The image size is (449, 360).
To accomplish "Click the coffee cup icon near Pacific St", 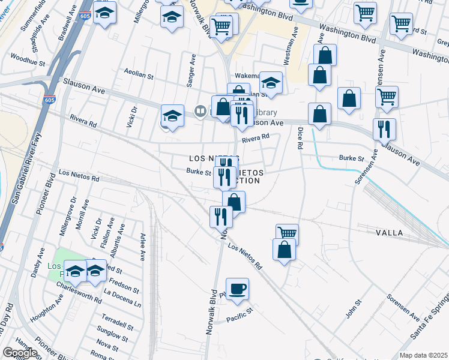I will pyautogui.click(x=237, y=289).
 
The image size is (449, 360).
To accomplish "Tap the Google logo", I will pyautogui.click(x=19, y=353).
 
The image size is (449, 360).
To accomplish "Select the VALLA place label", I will pyautogui.click(x=389, y=232).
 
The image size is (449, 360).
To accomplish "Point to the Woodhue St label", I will pyautogui.click(x=28, y=61).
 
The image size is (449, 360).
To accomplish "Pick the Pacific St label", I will pyautogui.click(x=242, y=314).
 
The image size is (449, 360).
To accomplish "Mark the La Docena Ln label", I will pyautogui.click(x=122, y=299).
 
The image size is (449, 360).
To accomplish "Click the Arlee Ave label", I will pyautogui.click(x=143, y=247).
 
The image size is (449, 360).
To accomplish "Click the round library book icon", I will pyautogui.click(x=200, y=111).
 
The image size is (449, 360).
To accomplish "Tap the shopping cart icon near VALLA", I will pyautogui.click(x=288, y=232).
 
